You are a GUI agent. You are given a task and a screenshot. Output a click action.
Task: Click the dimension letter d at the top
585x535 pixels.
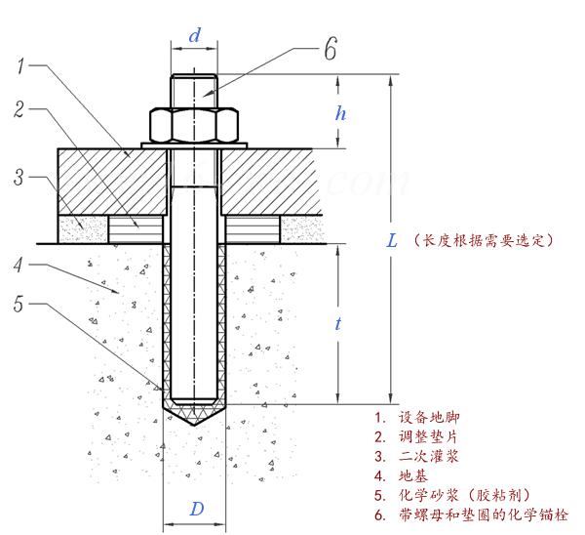point(194,36)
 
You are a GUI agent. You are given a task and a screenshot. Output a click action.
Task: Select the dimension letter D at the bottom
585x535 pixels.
point(197,509)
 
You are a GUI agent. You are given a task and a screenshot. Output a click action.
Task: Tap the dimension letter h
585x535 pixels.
point(340,113)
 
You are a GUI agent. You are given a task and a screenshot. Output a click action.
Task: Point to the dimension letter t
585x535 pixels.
point(338,323)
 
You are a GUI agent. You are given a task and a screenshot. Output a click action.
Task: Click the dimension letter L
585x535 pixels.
point(392,240)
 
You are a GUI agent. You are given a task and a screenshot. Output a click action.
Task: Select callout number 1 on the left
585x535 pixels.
point(20,66)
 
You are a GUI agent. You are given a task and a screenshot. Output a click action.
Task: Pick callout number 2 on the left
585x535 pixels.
point(19,109)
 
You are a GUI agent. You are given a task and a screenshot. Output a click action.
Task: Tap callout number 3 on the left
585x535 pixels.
point(19,177)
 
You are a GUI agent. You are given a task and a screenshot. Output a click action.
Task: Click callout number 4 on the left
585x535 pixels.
point(19,266)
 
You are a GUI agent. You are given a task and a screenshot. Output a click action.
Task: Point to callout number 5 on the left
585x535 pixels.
point(19,304)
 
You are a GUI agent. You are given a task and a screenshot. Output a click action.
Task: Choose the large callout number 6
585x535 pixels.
point(331,49)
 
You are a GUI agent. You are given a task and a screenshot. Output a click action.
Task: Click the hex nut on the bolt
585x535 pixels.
point(194,126)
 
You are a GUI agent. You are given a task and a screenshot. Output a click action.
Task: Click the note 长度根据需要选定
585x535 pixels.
point(484,240)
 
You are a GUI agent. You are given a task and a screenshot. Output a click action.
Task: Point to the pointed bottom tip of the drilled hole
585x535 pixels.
point(194,425)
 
